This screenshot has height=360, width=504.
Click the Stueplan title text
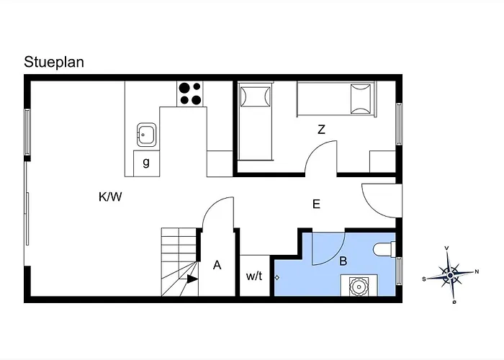(54, 63)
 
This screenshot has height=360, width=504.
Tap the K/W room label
(110, 197)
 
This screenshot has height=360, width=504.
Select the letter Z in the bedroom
(321, 130)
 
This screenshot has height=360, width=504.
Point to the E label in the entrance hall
(316, 204)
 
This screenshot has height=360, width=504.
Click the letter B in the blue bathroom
(343, 261)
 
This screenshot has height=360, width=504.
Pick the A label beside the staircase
(217, 265)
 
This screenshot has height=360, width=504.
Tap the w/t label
(254, 276)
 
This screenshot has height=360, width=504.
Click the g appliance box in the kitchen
(146, 163)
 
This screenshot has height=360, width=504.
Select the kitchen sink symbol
(147, 135)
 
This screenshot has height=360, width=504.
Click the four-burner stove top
(189, 94)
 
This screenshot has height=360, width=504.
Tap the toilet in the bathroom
(384, 250)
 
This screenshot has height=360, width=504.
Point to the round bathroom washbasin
(359, 286)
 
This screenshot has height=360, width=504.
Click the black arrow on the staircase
(192, 279)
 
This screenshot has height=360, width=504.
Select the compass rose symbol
(450, 275)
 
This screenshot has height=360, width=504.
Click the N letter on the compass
(477, 271)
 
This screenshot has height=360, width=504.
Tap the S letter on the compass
(424, 279)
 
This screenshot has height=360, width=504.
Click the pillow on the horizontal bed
(361, 99)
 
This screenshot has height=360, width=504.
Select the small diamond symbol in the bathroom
(276, 277)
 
